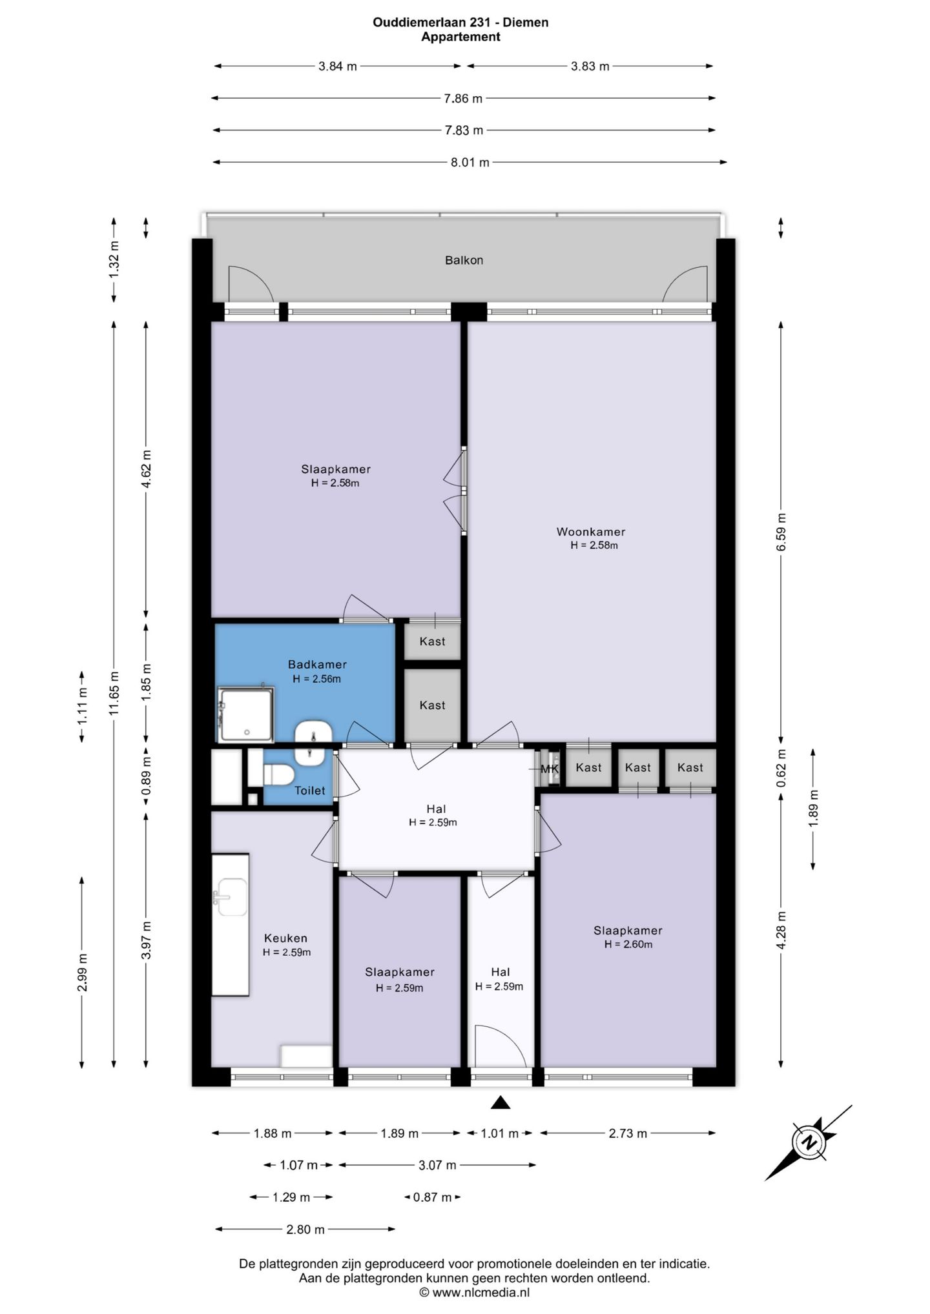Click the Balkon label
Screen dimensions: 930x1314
(x=464, y=260)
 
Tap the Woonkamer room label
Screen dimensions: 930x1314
(x=591, y=532)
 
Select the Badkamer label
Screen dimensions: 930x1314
(x=317, y=664)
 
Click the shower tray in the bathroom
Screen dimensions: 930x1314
(x=245, y=714)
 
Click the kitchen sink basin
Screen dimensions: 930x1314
(x=231, y=897)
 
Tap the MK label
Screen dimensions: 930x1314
(x=550, y=769)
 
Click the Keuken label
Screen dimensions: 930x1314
(x=285, y=938)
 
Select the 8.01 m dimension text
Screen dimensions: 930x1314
(x=470, y=163)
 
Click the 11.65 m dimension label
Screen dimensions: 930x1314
(x=114, y=693)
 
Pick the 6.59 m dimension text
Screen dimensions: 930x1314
(x=781, y=532)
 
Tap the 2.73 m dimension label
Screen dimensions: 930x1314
(x=628, y=1133)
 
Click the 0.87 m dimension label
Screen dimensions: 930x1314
(x=433, y=1197)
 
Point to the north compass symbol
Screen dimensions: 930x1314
(x=809, y=1143)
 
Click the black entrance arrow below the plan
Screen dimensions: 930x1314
(x=501, y=1103)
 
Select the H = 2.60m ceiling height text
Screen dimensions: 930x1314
(x=628, y=944)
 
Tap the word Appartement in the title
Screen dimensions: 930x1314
(x=460, y=37)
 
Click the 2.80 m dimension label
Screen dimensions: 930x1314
(x=305, y=1229)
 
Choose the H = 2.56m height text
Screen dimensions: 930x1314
(x=316, y=679)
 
